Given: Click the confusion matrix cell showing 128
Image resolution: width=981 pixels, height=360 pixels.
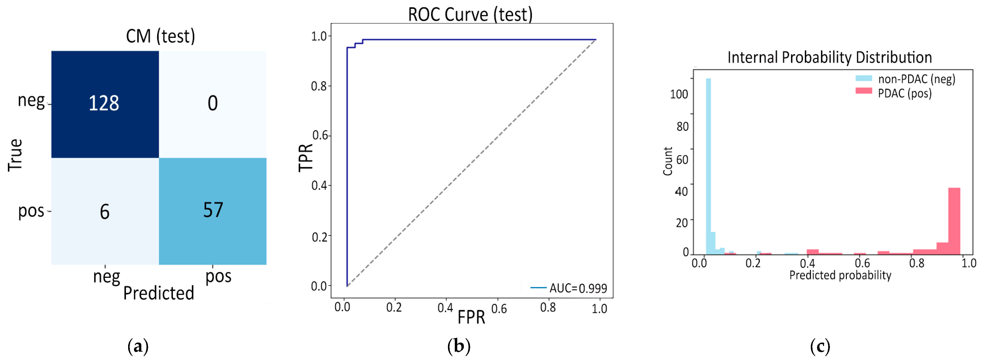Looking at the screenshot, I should [105, 104].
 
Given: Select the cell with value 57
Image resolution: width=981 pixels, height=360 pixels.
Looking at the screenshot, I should [212, 211].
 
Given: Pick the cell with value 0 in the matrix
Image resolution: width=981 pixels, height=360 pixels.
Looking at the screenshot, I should [212, 104].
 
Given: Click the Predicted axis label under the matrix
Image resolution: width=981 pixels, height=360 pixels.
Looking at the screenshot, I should [158, 293].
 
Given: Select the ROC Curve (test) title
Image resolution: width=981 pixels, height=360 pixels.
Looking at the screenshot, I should [470, 14].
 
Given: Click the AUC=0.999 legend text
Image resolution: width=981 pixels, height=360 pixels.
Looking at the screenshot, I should [578, 288].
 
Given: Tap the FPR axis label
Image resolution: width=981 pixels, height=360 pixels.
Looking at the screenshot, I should [471, 317].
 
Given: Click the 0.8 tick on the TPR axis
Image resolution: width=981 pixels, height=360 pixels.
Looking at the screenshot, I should [319, 86].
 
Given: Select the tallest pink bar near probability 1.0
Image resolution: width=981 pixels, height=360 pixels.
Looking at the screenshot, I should [954, 221].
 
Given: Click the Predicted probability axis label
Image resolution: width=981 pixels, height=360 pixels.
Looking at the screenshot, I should [840, 275].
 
